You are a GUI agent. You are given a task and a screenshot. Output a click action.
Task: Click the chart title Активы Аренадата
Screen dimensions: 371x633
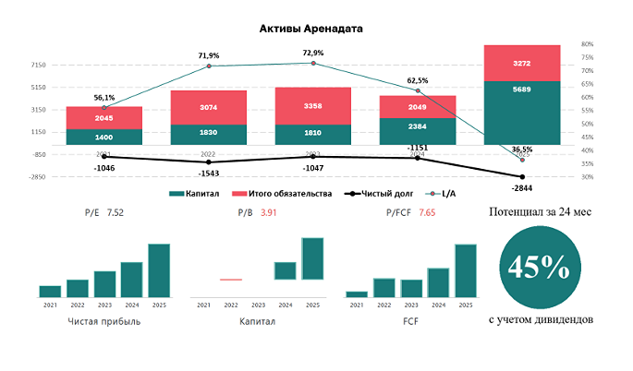(310, 29)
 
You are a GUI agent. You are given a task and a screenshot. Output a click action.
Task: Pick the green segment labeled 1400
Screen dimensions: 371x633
(104, 137)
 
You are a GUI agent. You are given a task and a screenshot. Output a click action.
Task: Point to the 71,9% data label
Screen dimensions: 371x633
(209, 56)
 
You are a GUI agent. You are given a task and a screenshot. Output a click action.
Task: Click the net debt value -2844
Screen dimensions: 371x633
(522, 187)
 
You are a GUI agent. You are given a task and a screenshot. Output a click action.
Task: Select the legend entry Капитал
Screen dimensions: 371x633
(197, 194)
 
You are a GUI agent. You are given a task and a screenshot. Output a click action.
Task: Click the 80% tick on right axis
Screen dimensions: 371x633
(588, 44)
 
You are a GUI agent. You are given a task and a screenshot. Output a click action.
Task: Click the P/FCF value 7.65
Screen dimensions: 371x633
(427, 213)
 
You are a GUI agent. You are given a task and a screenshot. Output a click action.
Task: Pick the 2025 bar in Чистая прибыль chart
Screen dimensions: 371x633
(159, 269)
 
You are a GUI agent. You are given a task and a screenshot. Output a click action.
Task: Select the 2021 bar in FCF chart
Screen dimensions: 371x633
(357, 293)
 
